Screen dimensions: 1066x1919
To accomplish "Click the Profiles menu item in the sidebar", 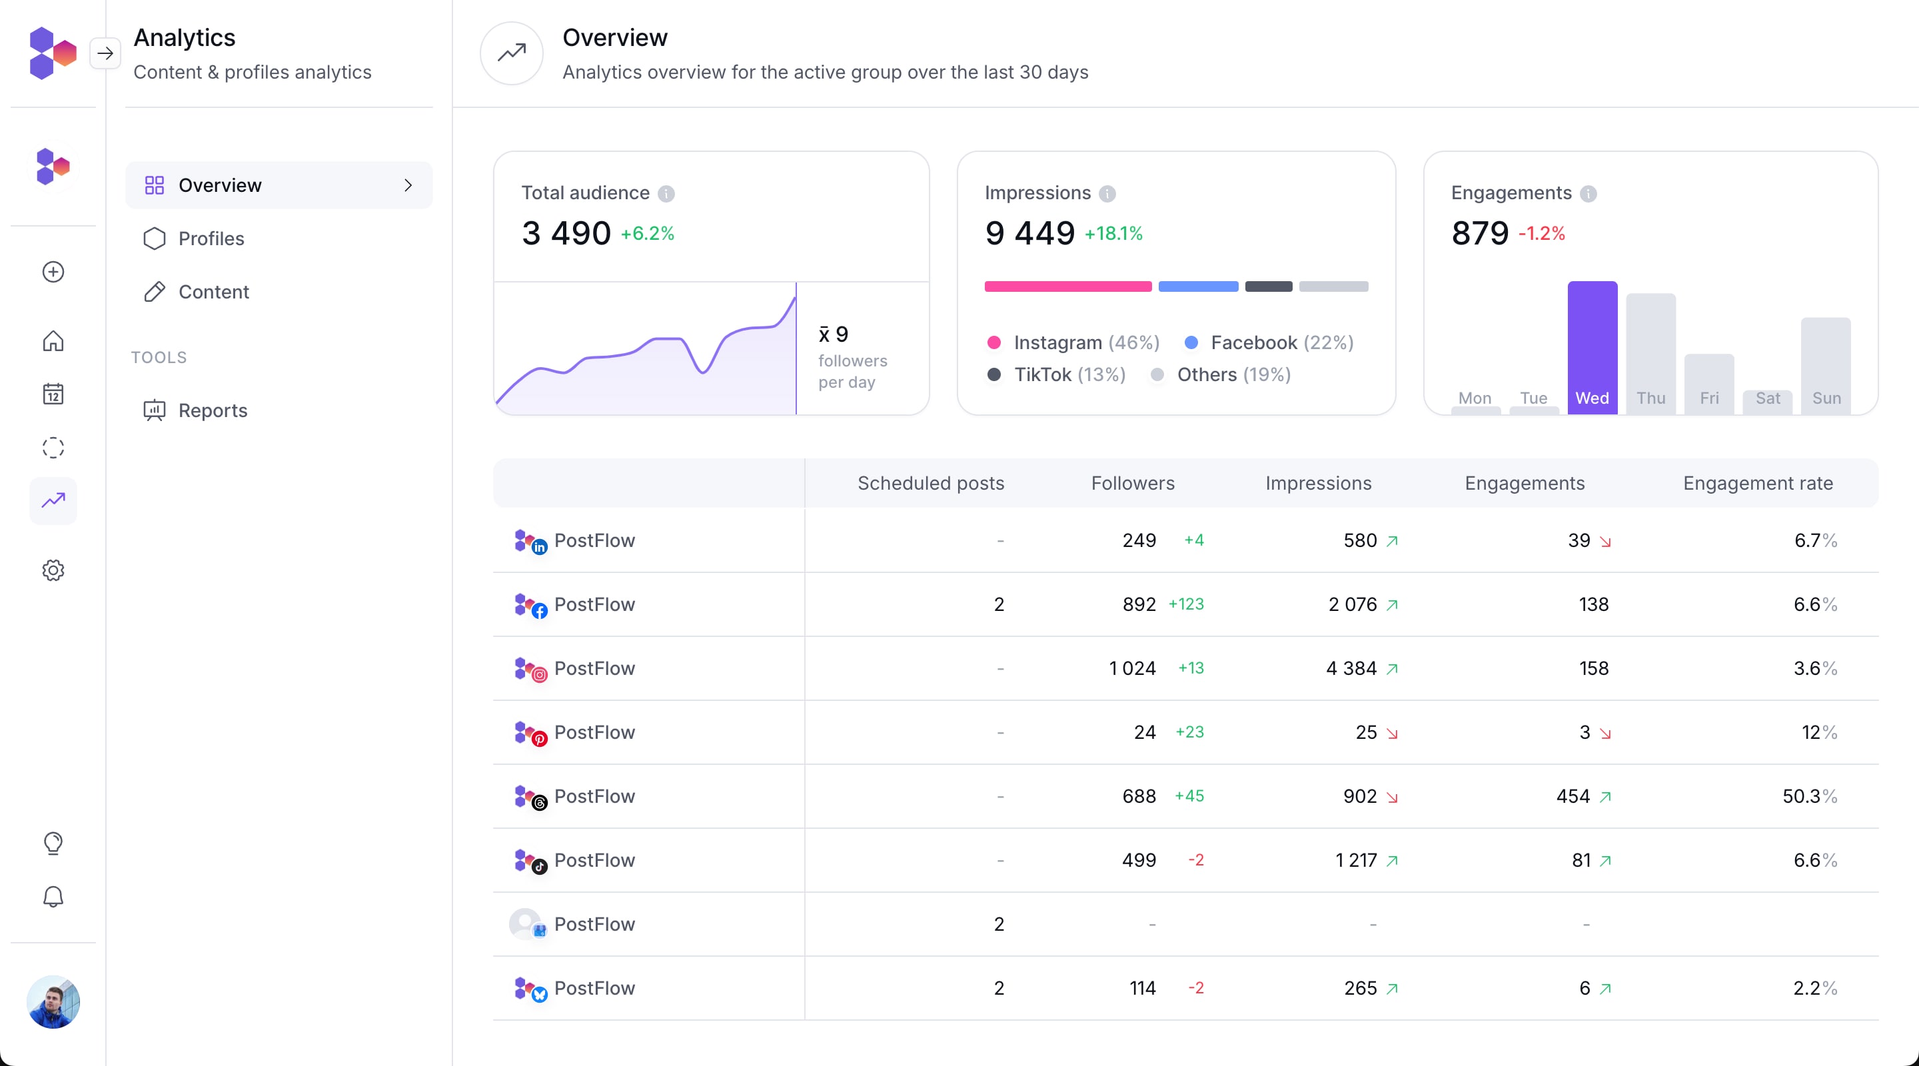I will pyautogui.click(x=211, y=239).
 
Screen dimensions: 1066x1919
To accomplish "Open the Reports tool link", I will pyautogui.click(x=213, y=410).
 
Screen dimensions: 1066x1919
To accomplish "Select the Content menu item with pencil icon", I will pyautogui.click(x=213, y=292).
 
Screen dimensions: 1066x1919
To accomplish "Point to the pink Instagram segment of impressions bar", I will pyautogui.click(x=1067, y=286).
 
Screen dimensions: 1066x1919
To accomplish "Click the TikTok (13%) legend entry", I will pyautogui.click(x=1056, y=374).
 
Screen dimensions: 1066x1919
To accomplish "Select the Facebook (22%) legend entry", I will pyautogui.click(x=1269, y=342).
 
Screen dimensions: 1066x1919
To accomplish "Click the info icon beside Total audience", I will pyautogui.click(x=666, y=194).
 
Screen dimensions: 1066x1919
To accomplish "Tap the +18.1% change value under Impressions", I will pyautogui.click(x=1113, y=234).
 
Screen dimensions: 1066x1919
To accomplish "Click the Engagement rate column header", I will pyautogui.click(x=1757, y=484).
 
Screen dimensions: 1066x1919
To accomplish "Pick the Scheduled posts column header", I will pyautogui.click(x=930, y=484).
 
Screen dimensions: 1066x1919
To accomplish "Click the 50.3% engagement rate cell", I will pyautogui.click(x=1809, y=796).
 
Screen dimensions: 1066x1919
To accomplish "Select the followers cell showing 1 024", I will pyautogui.click(x=1132, y=668).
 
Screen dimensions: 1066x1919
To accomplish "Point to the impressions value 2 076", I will pyautogui.click(x=1352, y=604).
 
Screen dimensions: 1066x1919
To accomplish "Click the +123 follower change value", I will pyautogui.click(x=1186, y=604).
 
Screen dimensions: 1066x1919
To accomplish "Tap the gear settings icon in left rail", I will pyautogui.click(x=53, y=570).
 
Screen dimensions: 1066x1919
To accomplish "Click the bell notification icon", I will pyautogui.click(x=53, y=897).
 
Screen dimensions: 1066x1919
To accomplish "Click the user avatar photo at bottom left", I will pyautogui.click(x=53, y=1002).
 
